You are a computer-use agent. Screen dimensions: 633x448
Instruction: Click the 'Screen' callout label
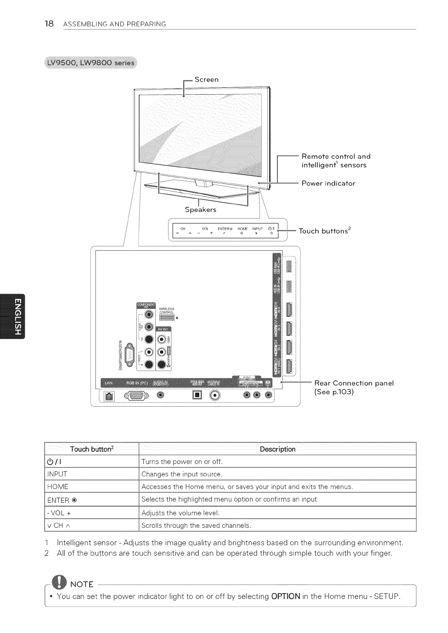click(206, 80)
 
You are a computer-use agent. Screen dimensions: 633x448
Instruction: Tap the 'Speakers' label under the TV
click(200, 210)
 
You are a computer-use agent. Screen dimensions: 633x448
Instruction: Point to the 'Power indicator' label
click(328, 183)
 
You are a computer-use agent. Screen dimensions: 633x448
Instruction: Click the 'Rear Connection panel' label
click(354, 383)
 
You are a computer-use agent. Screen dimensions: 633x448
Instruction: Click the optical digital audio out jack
click(198, 395)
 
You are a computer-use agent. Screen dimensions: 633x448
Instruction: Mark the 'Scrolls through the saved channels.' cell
click(196, 526)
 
